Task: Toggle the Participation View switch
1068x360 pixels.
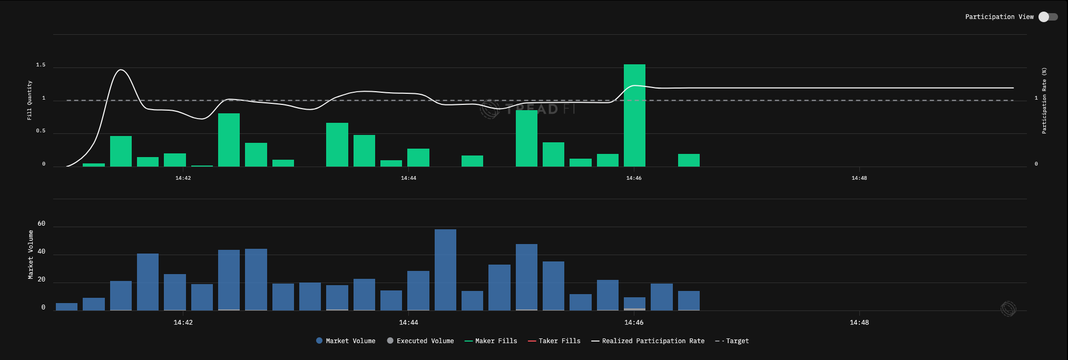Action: coord(1047,17)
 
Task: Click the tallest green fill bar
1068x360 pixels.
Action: coord(634,115)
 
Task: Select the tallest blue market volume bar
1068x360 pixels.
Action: coord(445,270)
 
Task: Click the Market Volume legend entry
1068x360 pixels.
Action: coord(346,341)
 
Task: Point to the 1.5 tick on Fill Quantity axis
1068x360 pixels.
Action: coord(41,65)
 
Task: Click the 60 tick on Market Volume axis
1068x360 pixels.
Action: coord(42,224)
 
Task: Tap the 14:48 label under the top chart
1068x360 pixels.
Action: coord(859,178)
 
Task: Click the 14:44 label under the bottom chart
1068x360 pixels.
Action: coord(408,323)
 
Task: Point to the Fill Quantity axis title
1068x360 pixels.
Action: coord(30,100)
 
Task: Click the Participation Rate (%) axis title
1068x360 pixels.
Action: coord(1044,100)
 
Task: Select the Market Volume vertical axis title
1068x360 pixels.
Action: coord(31,255)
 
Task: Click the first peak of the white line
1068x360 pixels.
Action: coord(121,70)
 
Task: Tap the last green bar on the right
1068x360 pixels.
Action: coord(689,160)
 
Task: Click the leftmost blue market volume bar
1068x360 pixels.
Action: coord(66,307)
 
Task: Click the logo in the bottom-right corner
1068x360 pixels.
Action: coord(1008,309)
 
